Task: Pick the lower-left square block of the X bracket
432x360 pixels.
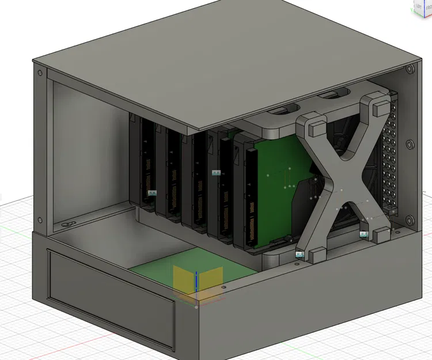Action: [316, 254]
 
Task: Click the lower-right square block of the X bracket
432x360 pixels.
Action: [381, 234]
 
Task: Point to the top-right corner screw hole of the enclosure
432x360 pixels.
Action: [410, 69]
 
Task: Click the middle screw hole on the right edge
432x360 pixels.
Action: [410, 145]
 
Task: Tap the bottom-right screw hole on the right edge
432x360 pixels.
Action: [410, 220]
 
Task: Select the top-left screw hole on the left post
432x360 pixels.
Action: [39, 74]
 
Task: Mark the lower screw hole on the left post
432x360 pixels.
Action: [39, 218]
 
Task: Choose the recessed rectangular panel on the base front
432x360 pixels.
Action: [109, 300]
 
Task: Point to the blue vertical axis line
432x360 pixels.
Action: [196, 282]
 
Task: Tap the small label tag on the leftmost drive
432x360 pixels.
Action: [153, 194]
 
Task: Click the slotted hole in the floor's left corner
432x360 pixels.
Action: [67, 223]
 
